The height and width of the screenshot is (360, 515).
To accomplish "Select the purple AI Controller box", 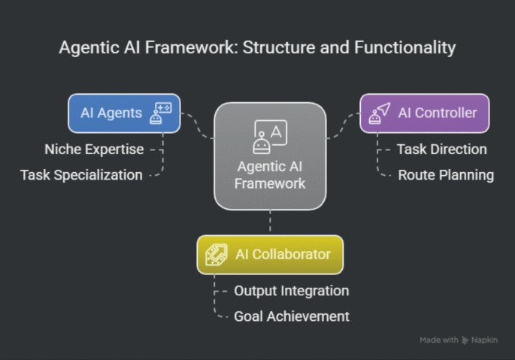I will coord(424,113).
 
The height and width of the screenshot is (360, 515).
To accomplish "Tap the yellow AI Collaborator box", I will coord(270,254).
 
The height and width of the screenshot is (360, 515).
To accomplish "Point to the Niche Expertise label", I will coord(94,149).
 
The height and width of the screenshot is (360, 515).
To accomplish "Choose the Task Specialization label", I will coord(81,175).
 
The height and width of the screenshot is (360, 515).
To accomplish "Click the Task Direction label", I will coord(441,149).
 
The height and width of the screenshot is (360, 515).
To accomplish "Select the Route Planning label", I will coord(446,175).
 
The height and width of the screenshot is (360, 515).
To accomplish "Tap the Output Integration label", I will coord(291,290).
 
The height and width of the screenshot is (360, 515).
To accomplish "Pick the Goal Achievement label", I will coord(291,316).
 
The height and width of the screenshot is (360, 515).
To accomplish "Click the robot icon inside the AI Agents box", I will coord(161,113).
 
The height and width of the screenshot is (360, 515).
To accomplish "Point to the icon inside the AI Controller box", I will coord(380,113).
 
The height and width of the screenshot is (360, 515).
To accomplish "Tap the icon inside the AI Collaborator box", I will coord(217,254).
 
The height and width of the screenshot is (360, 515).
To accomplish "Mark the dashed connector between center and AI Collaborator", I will coord(270,222).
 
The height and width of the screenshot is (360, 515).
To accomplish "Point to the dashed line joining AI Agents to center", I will coord(197,123).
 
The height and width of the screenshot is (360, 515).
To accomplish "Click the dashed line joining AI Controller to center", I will coord(343,123).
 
